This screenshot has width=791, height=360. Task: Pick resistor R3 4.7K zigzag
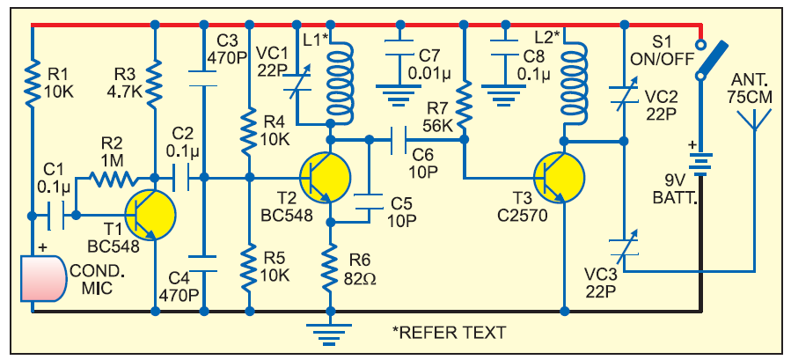coord(155,80)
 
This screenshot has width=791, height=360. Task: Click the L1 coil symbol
coord(337,83)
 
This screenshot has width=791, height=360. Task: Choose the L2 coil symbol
coord(571,84)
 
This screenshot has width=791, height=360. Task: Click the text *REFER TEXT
coord(449,333)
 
